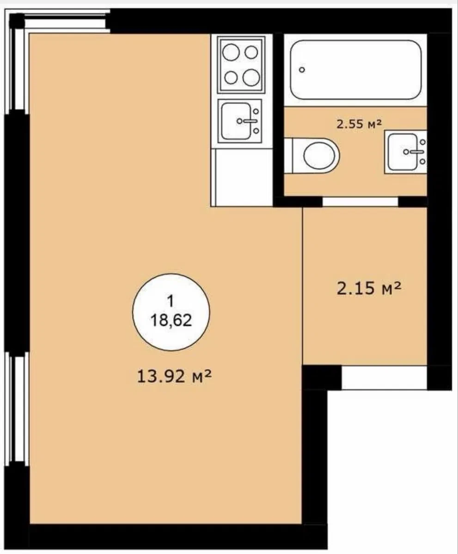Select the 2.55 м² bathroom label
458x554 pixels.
click(x=359, y=124)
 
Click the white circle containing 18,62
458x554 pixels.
click(x=171, y=312)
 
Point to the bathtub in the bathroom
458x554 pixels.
click(x=356, y=70)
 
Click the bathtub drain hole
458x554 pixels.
click(x=302, y=70)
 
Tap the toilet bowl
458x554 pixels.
click(x=316, y=155)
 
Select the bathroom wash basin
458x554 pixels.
click(x=406, y=152)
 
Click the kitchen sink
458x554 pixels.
click(x=240, y=121)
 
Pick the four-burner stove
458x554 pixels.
click(x=241, y=64)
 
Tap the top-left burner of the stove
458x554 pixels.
click(x=231, y=53)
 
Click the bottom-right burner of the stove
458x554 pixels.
click(x=251, y=77)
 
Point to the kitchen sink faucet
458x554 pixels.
click(x=249, y=121)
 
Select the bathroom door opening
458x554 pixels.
click(x=360, y=201)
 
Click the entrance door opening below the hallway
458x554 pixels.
click(x=385, y=377)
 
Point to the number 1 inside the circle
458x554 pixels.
click(x=171, y=302)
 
